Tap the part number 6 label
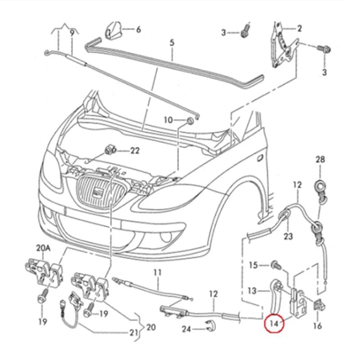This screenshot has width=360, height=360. coord(138,30)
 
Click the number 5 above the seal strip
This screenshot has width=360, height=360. coord(171,44)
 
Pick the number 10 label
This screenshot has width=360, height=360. coord(168,120)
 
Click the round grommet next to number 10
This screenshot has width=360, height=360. coord(189,121)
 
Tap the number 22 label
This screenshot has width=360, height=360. coord(135,151)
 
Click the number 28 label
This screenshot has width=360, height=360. coord(320,159)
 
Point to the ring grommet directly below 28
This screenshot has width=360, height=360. coord(320,184)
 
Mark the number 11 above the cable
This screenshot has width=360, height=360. coord(157,272)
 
